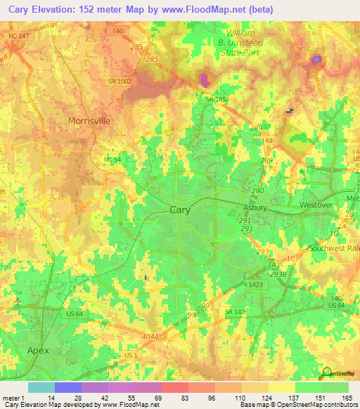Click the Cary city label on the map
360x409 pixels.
[181, 209]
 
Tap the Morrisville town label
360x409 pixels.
[89, 121]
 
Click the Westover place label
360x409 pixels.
[315, 204]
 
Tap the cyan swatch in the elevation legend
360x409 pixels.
[41, 387]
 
